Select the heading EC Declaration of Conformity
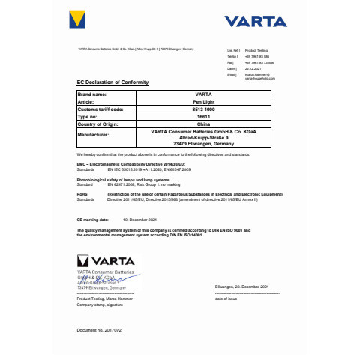click(113, 82)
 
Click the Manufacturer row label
click(94, 136)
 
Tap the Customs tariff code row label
click(101, 109)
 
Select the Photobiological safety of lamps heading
click(123, 180)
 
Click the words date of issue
click(226, 298)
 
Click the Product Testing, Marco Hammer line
click(105, 298)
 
